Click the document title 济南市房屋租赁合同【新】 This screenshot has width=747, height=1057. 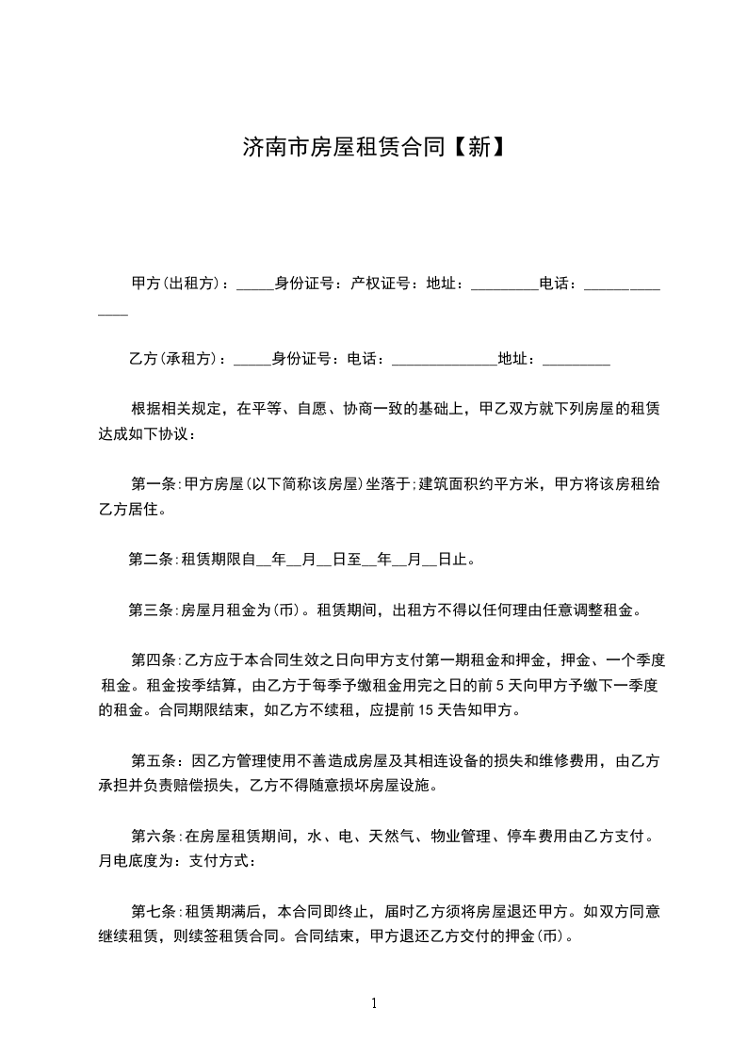point(373,148)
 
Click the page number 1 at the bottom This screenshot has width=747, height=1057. point(374,1004)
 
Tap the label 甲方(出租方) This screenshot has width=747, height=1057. point(176,283)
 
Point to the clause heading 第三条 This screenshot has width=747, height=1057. point(151,610)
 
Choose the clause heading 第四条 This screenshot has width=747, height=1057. point(153,660)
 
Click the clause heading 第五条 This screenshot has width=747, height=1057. point(153,760)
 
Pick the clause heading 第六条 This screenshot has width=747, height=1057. point(153,836)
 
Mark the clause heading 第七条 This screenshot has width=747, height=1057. point(153,911)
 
